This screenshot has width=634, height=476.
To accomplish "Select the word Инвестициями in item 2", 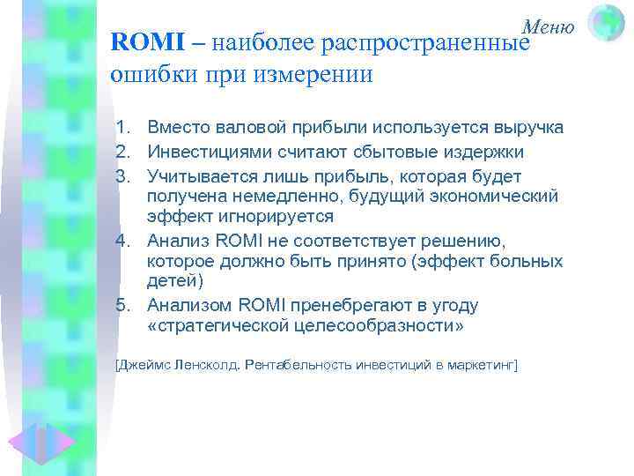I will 205,152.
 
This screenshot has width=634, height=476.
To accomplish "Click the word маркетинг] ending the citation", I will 487,364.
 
